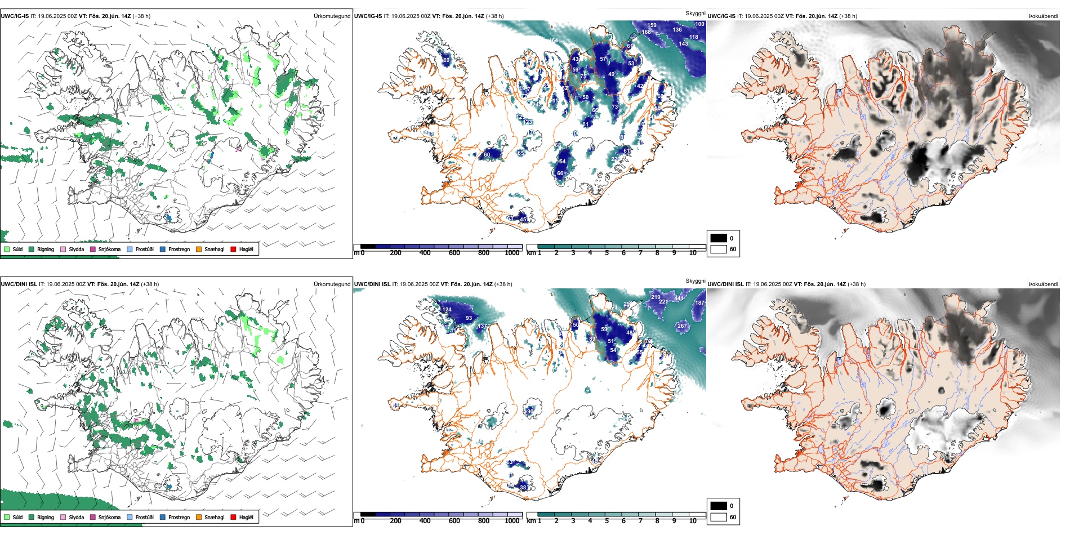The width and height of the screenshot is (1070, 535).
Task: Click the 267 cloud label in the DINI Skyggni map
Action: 682,326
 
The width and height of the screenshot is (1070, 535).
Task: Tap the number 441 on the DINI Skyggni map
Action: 679,299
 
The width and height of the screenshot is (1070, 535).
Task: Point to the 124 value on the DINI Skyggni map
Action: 447,310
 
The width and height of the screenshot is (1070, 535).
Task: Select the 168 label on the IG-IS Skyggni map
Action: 647,32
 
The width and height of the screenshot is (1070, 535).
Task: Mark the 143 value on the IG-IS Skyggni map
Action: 683,44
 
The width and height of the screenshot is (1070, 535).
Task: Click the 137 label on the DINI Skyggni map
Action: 482,327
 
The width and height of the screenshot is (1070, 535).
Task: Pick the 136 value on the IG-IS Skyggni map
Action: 677,30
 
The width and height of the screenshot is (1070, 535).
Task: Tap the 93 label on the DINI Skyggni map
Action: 469,318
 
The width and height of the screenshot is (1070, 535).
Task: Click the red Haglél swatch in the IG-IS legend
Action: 234,249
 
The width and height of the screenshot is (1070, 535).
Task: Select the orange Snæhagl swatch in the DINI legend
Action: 199,517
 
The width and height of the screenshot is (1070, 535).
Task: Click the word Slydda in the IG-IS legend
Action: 77,249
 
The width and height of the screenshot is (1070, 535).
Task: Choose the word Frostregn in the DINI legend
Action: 179,518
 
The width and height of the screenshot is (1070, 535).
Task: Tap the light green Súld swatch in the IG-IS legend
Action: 7,249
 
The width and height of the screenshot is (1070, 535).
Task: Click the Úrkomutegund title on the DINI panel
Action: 332,284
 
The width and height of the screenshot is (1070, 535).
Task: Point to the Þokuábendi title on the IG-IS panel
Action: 1043,16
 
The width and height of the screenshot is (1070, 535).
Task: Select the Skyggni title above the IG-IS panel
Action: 695,13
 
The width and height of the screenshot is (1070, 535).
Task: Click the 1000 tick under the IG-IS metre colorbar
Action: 512,253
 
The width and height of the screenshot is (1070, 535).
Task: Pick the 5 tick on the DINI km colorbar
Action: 607,521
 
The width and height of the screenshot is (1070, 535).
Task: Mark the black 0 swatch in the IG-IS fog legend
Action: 719,238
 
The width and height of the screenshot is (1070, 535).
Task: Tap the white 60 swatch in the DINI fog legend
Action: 719,517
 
